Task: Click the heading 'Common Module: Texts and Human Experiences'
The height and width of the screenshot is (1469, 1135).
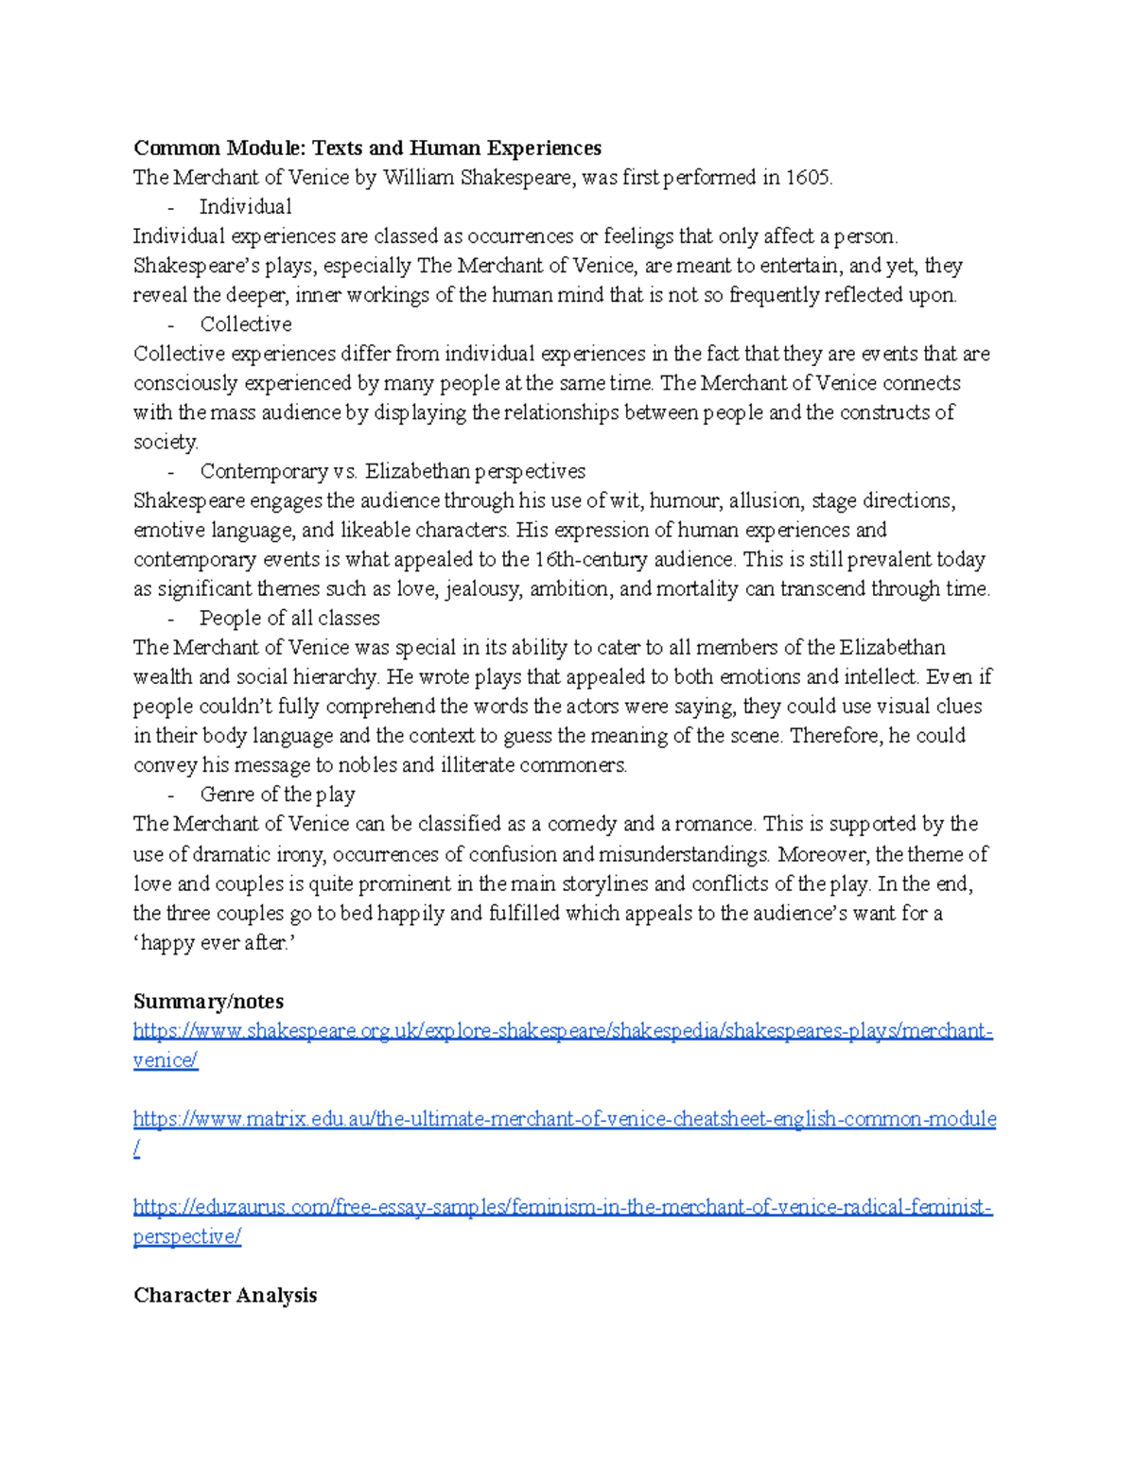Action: tap(367, 148)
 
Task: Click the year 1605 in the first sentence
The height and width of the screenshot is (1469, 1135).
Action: tap(808, 177)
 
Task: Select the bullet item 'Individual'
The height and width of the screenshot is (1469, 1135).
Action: tap(245, 206)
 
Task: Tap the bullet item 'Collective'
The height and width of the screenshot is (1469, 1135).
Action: tap(245, 324)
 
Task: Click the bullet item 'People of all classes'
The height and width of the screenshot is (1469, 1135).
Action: tap(289, 618)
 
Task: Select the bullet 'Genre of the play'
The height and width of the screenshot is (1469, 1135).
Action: tap(277, 794)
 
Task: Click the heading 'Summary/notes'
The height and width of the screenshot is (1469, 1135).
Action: tap(208, 1001)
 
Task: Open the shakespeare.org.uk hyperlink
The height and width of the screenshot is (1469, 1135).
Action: tap(563, 1030)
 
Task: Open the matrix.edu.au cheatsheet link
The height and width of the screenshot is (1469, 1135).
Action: tap(565, 1119)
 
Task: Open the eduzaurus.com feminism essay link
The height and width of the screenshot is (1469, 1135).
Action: tap(563, 1207)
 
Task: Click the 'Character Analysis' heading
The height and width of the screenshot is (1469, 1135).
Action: tap(225, 1295)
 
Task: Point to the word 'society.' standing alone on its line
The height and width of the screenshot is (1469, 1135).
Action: tap(166, 442)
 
